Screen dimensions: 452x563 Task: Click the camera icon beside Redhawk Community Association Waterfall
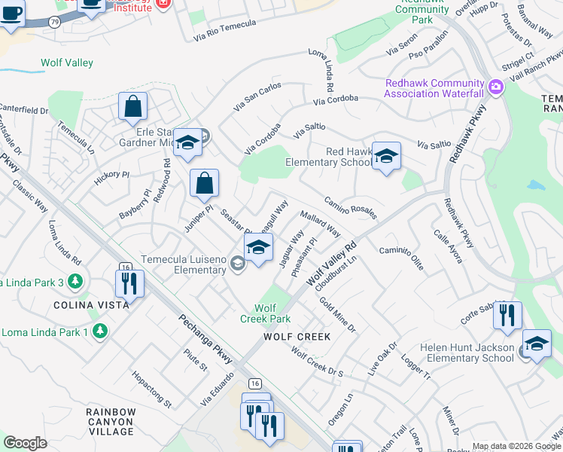click(495, 87)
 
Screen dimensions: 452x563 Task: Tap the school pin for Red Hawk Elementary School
click(386, 156)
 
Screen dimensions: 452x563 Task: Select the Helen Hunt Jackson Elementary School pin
click(536, 344)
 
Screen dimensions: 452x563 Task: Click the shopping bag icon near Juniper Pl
click(204, 183)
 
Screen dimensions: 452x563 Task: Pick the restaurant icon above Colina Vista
click(129, 284)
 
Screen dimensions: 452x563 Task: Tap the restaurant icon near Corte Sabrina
click(507, 316)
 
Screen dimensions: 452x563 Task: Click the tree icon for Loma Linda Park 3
click(74, 282)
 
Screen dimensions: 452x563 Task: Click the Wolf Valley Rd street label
click(330, 264)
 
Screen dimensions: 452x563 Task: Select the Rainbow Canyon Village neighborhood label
click(110, 422)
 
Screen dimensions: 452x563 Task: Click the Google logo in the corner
click(25, 442)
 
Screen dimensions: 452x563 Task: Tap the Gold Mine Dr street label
click(336, 314)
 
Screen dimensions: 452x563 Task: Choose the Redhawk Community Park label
click(422, 15)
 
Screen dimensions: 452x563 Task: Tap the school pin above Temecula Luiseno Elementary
click(258, 248)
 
